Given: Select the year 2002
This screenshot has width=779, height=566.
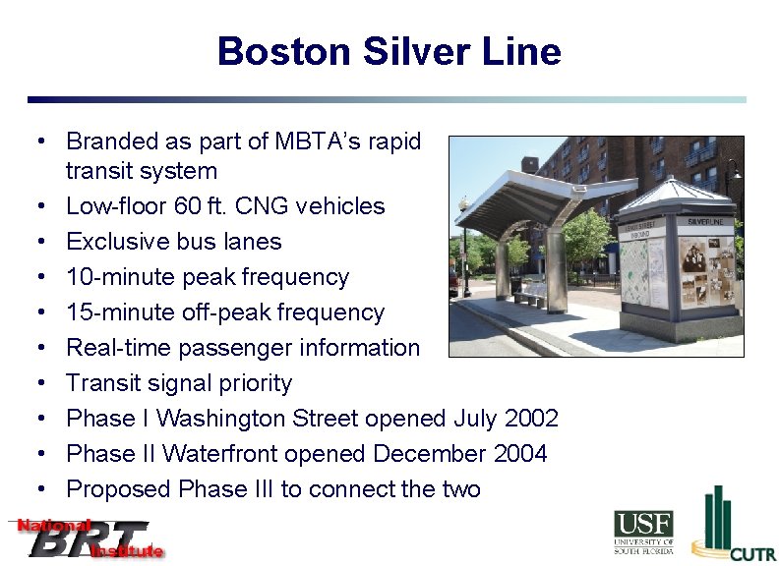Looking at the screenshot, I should pyautogui.click(x=531, y=419).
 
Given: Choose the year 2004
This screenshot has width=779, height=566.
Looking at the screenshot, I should pyautogui.click(x=520, y=454).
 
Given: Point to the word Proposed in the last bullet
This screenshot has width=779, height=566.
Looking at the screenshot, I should pyautogui.click(x=118, y=489).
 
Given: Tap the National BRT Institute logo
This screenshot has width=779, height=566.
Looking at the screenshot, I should pyautogui.click(x=87, y=538).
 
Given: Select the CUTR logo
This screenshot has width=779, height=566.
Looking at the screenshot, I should pyautogui.click(x=732, y=526).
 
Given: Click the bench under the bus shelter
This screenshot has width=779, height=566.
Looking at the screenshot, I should pyautogui.click(x=530, y=294).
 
